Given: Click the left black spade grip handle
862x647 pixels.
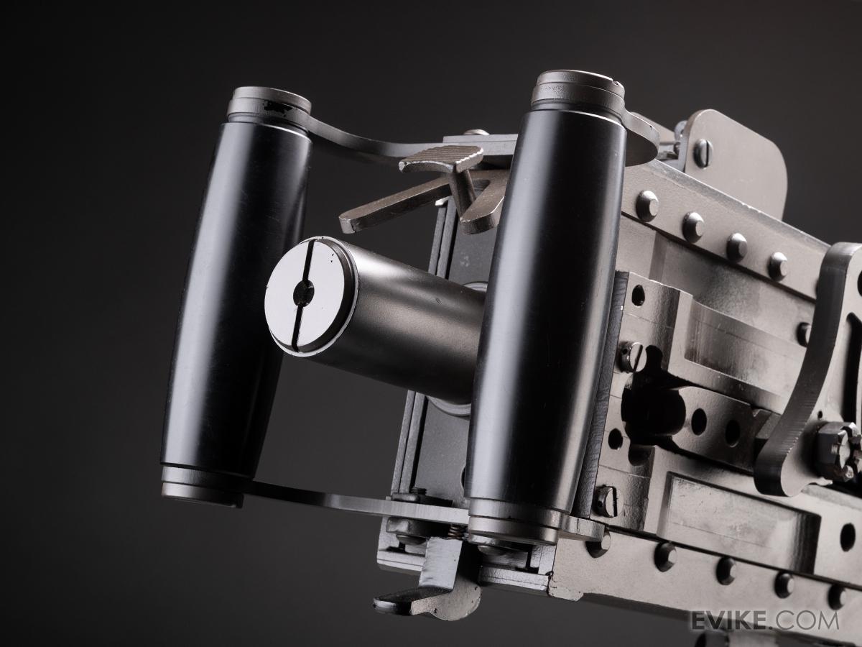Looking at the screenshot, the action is point(236,298).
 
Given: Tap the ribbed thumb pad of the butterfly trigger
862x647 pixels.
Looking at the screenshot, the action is point(441,158).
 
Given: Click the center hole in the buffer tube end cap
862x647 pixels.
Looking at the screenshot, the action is point(304,293).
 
